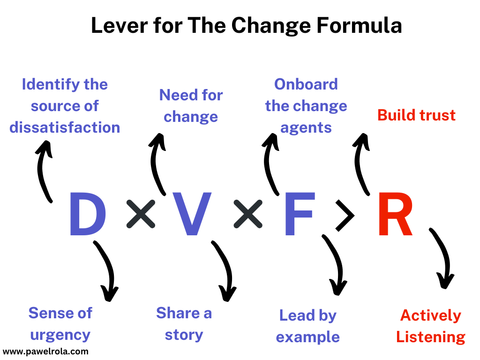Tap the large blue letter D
pos(87,215)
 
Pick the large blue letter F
pos(298,215)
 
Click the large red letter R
pos(395,215)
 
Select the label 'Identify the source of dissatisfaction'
pos(65,106)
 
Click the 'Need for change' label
pos(191,105)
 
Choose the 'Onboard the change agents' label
pos(306,106)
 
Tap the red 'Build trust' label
pos(416,115)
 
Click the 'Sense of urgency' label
pos(60,324)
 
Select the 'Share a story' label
pos(184,323)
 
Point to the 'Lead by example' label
pos(308,326)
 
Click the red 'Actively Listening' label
pos(430,326)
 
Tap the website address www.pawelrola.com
pos(45,351)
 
